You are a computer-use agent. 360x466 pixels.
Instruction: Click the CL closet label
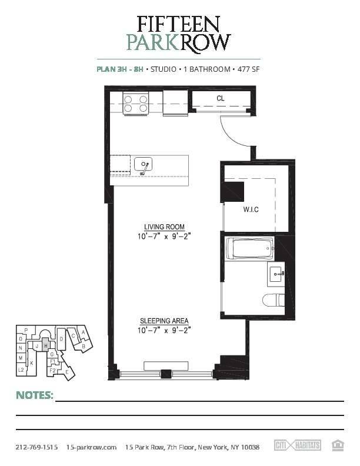click(221, 98)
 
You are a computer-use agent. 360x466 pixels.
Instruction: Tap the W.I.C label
click(251, 209)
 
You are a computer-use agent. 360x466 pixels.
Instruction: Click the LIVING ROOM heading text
click(164, 227)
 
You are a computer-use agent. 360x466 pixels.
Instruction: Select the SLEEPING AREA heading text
click(164, 321)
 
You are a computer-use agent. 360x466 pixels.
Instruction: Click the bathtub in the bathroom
click(249, 248)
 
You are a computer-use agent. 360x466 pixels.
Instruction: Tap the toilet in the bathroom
click(274, 300)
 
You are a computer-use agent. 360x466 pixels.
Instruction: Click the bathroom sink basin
click(277, 274)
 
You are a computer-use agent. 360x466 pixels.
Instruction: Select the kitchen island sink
click(143, 164)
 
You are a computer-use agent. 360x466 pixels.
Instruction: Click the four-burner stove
click(136, 103)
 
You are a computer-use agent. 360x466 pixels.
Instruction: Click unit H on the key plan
click(46, 345)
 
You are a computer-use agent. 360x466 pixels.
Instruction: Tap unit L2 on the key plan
click(21, 370)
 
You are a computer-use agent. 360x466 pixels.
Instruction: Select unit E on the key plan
click(67, 372)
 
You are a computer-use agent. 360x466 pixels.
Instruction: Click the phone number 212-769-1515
click(37, 447)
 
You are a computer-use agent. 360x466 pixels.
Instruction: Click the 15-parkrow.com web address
click(92, 447)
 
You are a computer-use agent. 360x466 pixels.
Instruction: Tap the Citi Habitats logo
click(297, 445)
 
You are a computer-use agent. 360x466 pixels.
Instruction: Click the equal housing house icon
click(338, 445)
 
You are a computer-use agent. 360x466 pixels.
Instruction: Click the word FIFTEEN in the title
click(178, 24)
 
